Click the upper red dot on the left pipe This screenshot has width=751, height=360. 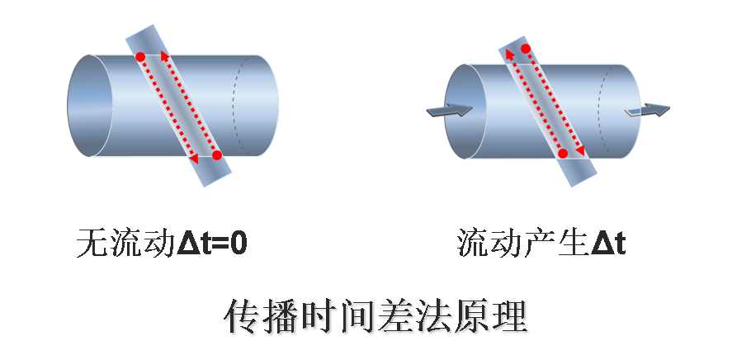(140, 58)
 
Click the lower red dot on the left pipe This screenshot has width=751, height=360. (216, 155)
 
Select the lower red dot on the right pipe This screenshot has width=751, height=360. (563, 154)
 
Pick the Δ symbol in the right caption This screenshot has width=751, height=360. (601, 244)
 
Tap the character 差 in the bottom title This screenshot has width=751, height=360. (394, 316)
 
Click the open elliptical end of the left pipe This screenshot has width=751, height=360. (89, 106)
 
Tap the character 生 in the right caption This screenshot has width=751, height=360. (573, 244)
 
